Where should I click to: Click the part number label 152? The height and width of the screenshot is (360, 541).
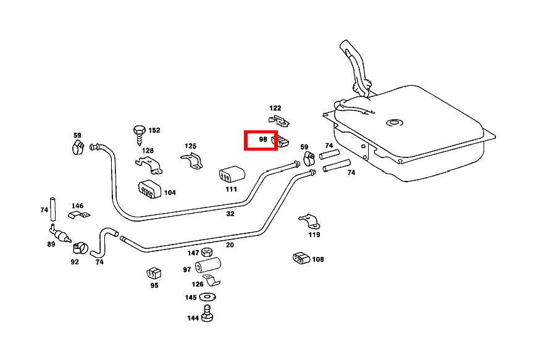pyautogui.click(x=154, y=130)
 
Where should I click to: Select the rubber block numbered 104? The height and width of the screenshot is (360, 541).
pyautogui.click(x=149, y=190)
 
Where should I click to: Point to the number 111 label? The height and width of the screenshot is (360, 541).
pyautogui.click(x=231, y=189)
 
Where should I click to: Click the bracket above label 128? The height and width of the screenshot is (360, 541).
pyautogui.click(x=149, y=164)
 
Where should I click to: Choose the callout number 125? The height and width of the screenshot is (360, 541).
pyautogui.click(x=190, y=146)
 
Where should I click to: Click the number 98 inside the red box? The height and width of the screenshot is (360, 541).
pyautogui.click(x=263, y=140)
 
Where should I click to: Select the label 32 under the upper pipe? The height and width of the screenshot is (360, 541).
pyautogui.click(x=230, y=214)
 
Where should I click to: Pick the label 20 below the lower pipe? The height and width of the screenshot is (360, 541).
pyautogui.click(x=230, y=245)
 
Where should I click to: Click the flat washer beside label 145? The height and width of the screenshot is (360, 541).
pyautogui.click(x=207, y=298)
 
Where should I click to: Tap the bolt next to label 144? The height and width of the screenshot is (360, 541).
pyautogui.click(x=208, y=317)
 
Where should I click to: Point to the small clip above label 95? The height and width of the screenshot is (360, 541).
pyautogui.click(x=153, y=272)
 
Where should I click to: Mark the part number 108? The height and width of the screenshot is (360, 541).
pyautogui.click(x=318, y=259)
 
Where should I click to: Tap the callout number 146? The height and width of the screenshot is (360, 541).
pyautogui.click(x=77, y=206)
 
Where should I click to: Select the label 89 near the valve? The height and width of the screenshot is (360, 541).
pyautogui.click(x=51, y=244)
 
